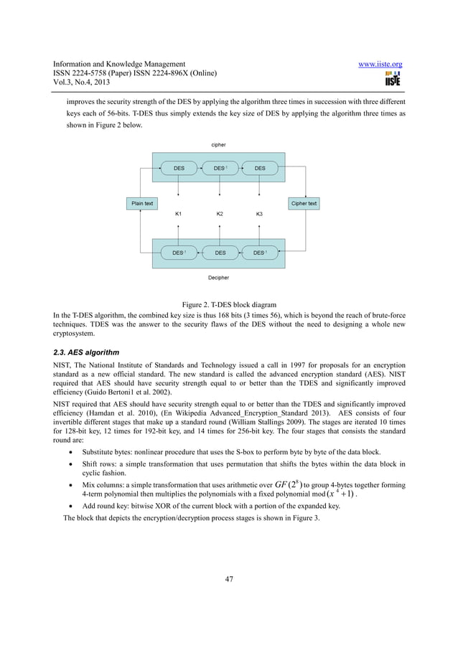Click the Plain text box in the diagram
click(142, 203)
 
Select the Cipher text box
click(304, 203)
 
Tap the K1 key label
click(179, 215)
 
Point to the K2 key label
click(220, 215)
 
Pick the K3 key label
click(260, 215)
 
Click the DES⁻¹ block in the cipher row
click(220, 169)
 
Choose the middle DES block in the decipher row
click(220, 253)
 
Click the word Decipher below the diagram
click(218, 276)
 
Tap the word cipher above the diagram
click(218, 145)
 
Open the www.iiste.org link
click(380, 65)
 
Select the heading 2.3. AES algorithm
click(83, 353)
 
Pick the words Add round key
click(105, 506)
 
